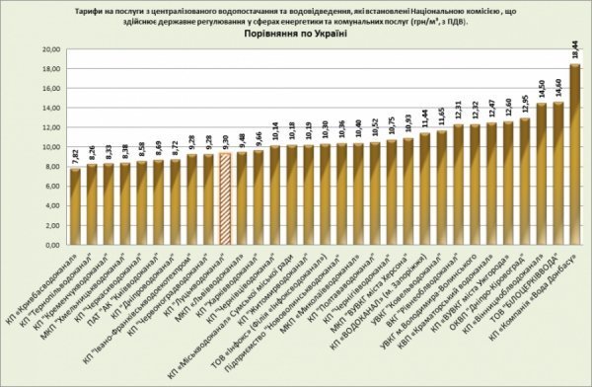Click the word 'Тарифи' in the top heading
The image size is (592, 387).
[89, 8]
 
